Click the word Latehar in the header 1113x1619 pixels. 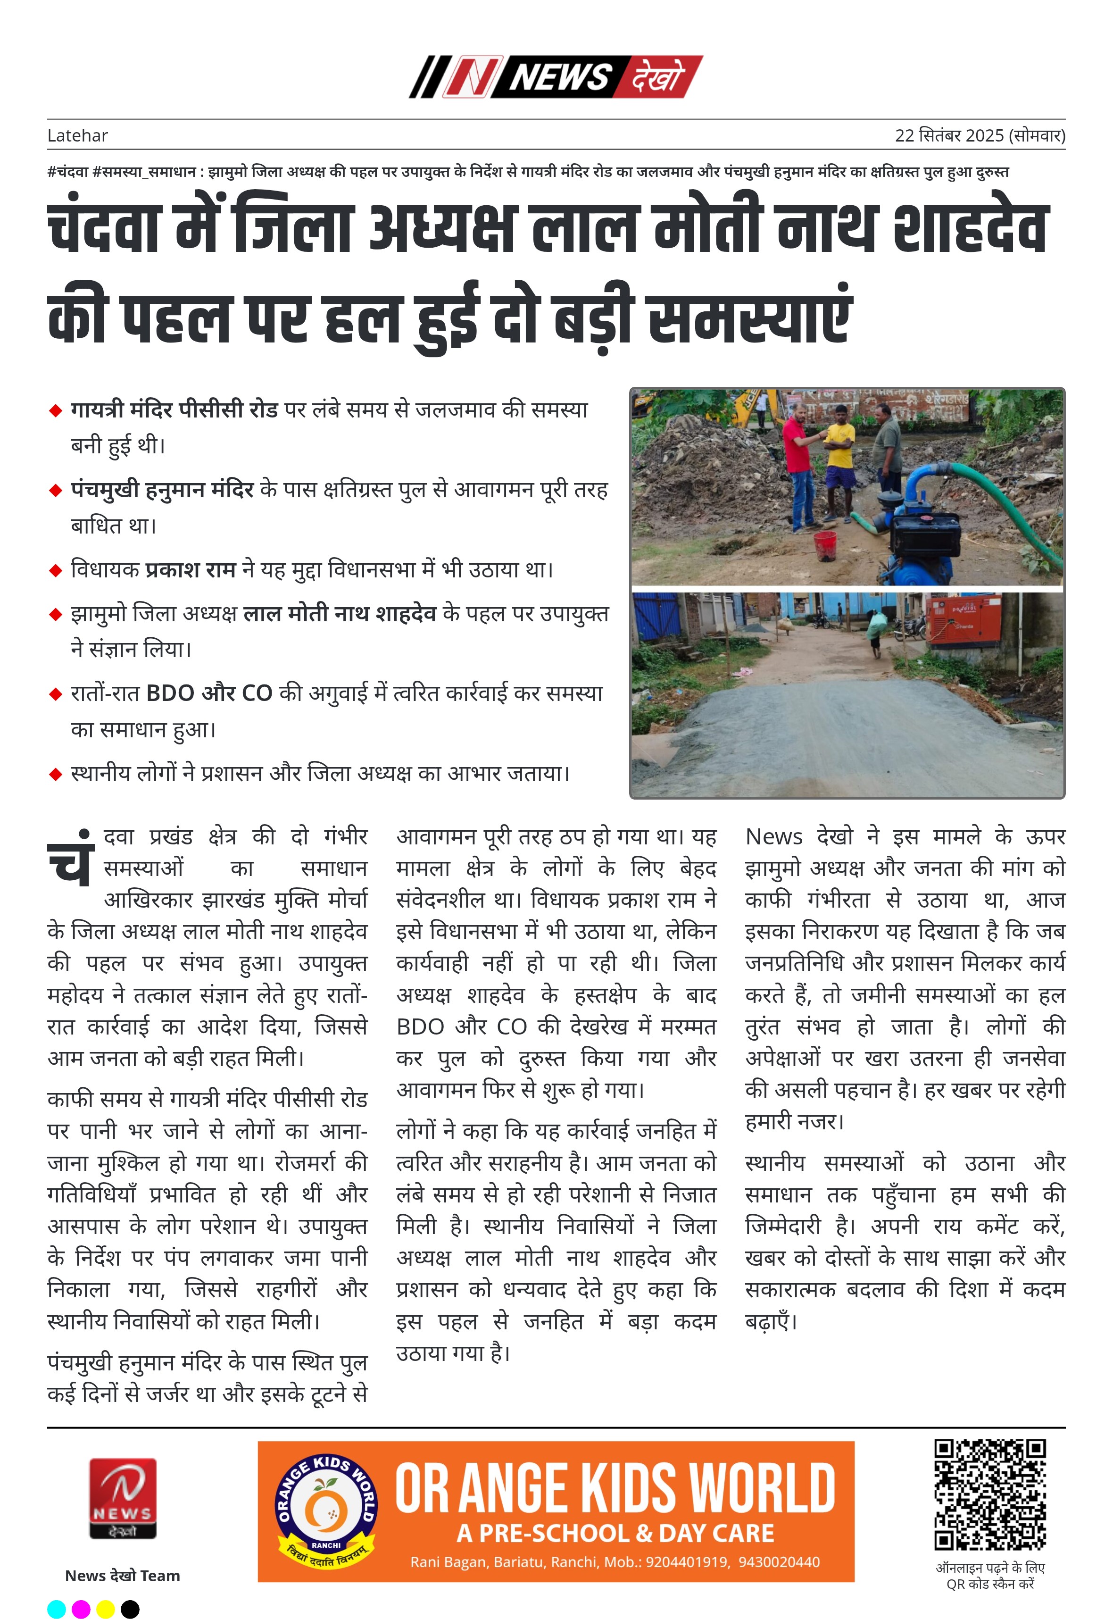point(77,135)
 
